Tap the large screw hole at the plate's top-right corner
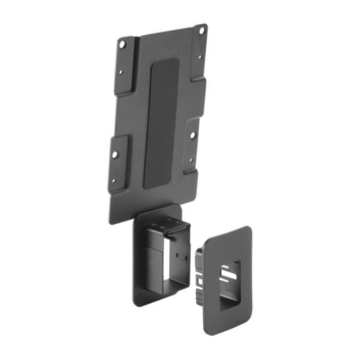click(202, 31)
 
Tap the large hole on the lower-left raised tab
click(115, 154)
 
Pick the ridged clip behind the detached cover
click(198, 270)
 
